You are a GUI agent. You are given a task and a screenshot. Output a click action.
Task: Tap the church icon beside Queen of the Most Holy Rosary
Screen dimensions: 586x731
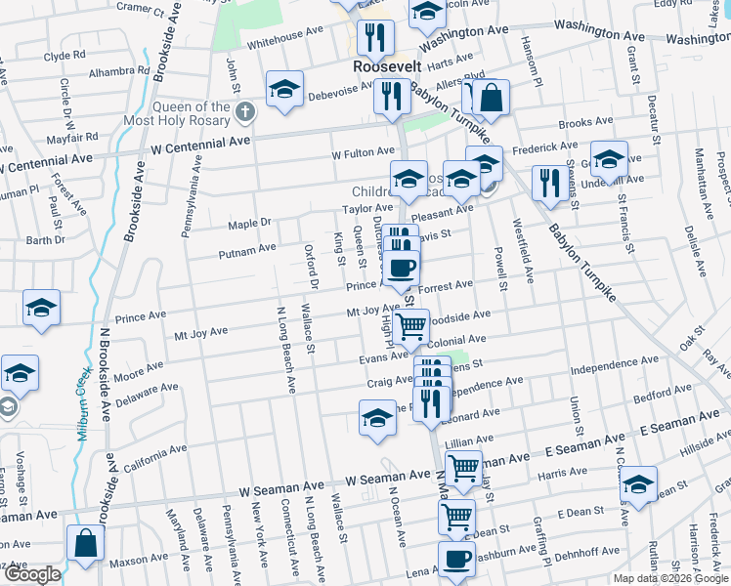245,114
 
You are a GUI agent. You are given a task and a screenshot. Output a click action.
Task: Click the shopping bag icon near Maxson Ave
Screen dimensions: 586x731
85,543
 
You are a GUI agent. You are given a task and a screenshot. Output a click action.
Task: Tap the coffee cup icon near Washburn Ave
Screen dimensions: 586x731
455,560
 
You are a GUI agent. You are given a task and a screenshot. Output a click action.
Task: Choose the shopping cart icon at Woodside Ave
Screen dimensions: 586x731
412,325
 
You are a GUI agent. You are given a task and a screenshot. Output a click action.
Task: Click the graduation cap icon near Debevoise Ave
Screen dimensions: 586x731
284,88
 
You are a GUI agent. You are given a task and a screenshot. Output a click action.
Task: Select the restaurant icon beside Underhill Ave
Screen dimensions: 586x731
546,181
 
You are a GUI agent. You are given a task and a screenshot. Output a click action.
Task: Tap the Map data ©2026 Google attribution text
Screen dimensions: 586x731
669,578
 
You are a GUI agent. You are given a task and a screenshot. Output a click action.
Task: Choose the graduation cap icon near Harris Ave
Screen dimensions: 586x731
638,485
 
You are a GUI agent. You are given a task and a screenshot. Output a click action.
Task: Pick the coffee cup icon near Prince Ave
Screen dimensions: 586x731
400,267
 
